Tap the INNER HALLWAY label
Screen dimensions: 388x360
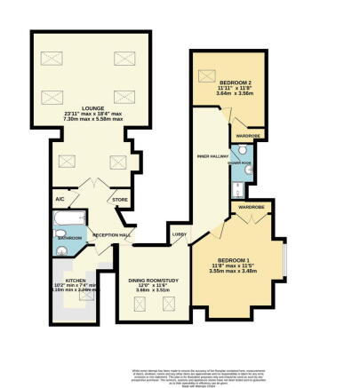[211, 156]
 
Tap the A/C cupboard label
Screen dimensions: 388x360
[61, 200]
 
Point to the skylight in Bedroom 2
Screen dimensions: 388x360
[211, 75]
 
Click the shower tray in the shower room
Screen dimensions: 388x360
[236, 190]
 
